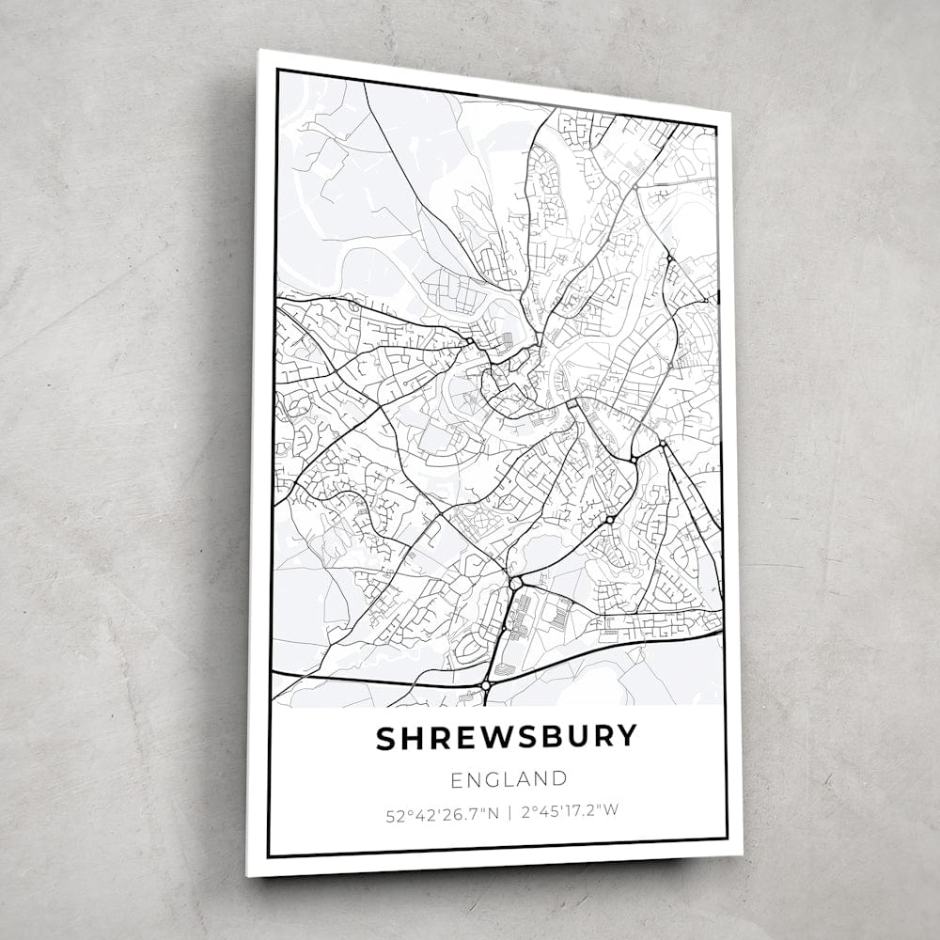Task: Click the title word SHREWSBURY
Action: [507, 738]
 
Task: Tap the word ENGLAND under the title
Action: [509, 779]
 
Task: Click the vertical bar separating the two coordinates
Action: [509, 813]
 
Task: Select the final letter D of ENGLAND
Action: [560, 778]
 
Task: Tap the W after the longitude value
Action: [612, 811]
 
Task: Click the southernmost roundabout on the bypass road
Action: [485, 687]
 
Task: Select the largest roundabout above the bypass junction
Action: [515, 584]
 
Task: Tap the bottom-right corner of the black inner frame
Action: [727, 838]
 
